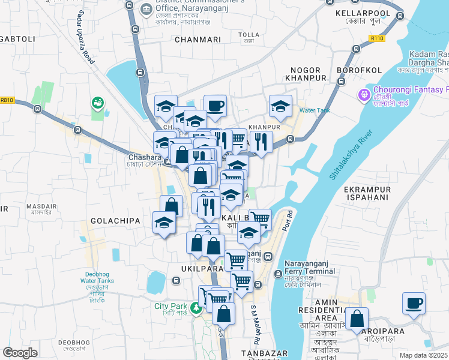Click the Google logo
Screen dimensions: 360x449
[20, 353]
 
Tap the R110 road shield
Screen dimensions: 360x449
[377, 38]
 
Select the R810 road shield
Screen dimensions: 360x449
[7, 100]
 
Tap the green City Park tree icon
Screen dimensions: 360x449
[195, 308]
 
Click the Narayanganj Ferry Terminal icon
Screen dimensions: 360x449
[279, 274]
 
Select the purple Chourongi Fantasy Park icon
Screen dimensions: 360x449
[363, 95]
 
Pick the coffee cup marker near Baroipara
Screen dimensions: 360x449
[413, 303]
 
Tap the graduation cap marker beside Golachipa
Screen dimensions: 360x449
[164, 223]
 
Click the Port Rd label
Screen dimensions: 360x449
[289, 220]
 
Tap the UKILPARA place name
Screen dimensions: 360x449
[202, 269]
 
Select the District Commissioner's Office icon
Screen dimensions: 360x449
[146, 9]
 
